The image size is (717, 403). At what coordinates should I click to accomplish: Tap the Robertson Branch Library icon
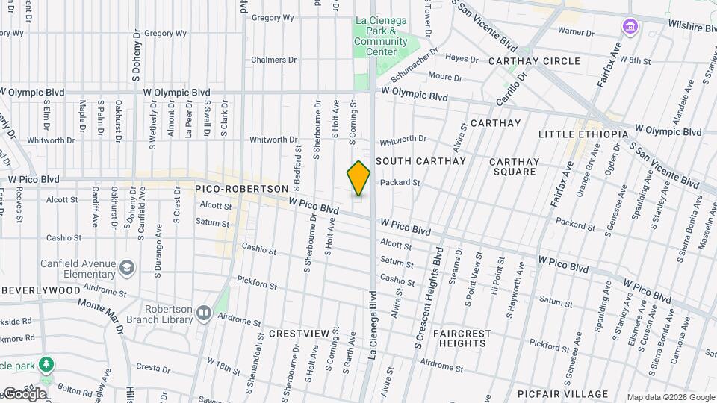(x=204, y=312)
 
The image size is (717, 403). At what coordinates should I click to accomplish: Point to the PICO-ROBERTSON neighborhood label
(x=241, y=190)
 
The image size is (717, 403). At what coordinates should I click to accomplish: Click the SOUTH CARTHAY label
(x=420, y=161)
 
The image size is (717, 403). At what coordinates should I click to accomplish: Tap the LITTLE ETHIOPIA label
(x=583, y=134)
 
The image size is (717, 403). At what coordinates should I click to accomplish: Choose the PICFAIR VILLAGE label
(x=562, y=394)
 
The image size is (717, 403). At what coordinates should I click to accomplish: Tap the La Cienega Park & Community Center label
(x=381, y=31)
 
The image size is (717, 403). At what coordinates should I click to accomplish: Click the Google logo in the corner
(x=24, y=394)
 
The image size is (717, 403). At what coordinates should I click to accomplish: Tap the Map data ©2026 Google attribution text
(x=670, y=397)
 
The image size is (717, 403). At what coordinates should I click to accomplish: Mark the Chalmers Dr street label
(x=273, y=60)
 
